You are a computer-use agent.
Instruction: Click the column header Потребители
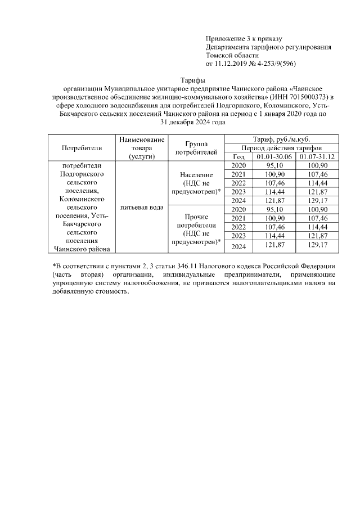coord(82,148)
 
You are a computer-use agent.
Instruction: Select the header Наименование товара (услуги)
coord(141,148)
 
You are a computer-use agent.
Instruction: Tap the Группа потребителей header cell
coord(196,148)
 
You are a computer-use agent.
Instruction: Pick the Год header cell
coord(238,156)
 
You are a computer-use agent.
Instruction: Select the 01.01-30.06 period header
coord(273,156)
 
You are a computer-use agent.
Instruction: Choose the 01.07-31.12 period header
coord(317,156)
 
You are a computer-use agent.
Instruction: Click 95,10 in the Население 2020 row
coord(273,166)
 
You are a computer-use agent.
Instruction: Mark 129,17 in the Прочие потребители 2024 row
coord(317,246)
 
